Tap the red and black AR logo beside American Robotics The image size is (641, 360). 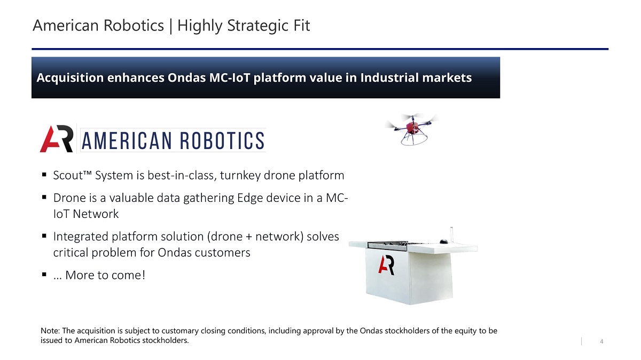pos(57,139)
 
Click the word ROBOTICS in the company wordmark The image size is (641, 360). pos(222,140)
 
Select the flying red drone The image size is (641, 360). pos(412,129)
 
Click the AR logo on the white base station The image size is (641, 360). pos(386,265)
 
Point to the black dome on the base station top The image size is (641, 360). pos(443,241)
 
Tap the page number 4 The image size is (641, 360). pos(601,341)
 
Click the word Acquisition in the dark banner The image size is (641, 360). pos(70,78)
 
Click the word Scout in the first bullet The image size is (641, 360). pos(68,175)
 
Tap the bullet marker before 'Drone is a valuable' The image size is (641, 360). pos(44,197)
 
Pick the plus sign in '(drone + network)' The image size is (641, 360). pos(249,237)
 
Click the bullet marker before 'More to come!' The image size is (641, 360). pos(44,275)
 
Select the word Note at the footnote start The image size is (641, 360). pos(50,331)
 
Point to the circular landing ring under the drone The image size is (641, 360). pos(414,140)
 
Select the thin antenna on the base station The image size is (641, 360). pos(451,234)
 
